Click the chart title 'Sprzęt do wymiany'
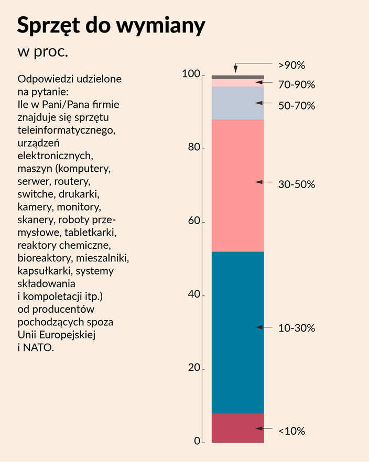(111, 25)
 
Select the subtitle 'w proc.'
(43, 51)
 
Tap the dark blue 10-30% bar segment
(238, 332)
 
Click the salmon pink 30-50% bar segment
(238, 185)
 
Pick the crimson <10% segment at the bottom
(238, 428)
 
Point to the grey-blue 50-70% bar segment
(238, 103)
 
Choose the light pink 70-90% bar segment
(238, 83)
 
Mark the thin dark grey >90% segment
(238, 77)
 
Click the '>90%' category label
(291, 65)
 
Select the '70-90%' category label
(297, 84)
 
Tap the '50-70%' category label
(297, 105)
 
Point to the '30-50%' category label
(297, 184)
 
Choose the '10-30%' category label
(297, 328)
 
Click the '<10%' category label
(291, 431)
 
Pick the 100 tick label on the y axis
(191, 74)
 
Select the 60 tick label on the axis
(194, 221)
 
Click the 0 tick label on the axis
(197, 441)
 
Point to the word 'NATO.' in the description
(38, 348)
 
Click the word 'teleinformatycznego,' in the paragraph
(67, 130)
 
